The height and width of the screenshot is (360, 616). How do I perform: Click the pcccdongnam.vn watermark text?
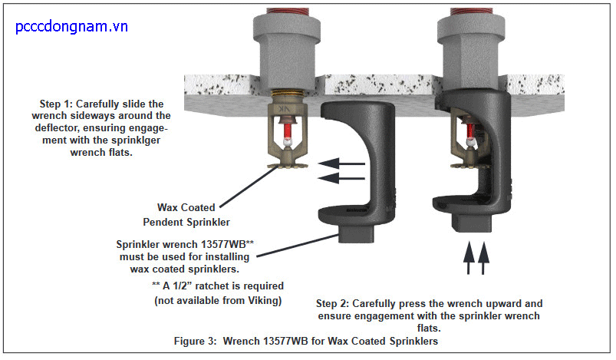71,27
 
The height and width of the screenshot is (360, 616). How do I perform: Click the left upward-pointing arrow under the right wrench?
467,258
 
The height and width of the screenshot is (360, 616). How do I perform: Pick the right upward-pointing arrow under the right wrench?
483,258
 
